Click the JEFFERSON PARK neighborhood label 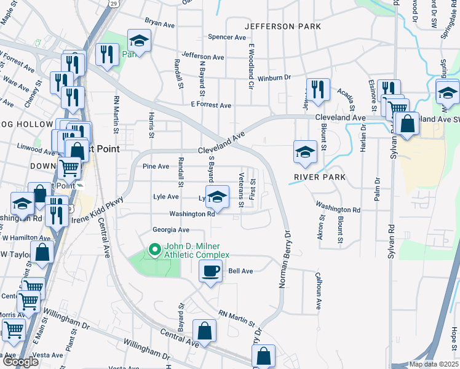283,26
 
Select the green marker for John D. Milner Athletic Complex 154,250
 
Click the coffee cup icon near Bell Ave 211,271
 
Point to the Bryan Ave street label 161,23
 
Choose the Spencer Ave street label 226,38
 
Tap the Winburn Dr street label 273,77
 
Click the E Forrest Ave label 211,105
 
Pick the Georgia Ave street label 171,229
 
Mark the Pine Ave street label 156,166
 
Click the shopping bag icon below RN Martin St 205,330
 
